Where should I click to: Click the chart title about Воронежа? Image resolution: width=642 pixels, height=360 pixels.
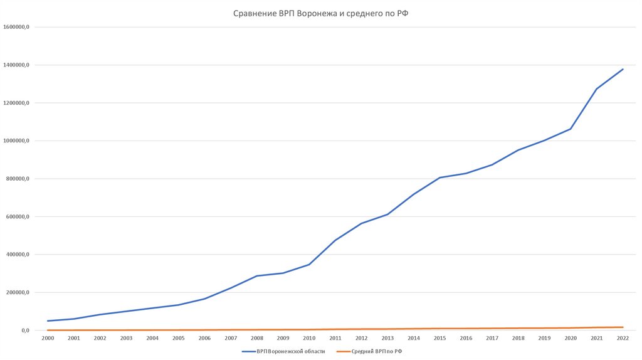(x=320, y=13)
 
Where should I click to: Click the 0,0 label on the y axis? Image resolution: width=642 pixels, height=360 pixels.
(x=25, y=331)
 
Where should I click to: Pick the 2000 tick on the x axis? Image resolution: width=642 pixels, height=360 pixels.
(x=48, y=338)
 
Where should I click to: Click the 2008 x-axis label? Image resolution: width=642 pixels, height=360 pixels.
(x=257, y=338)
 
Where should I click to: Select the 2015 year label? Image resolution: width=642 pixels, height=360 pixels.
(x=440, y=338)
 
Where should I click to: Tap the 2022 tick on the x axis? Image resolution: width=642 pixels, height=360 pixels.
(x=623, y=338)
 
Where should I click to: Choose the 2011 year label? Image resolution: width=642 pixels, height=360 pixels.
(x=335, y=338)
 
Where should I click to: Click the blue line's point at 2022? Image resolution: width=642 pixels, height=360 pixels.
(x=623, y=69)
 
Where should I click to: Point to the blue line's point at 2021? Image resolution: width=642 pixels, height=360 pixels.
(x=597, y=89)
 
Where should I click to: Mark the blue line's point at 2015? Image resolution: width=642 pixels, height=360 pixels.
(x=440, y=177)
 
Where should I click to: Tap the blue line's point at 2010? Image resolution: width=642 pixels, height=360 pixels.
(x=309, y=264)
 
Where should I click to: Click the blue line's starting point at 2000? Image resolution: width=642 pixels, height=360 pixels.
(x=48, y=321)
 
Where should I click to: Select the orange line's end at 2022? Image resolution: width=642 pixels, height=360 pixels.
(x=623, y=327)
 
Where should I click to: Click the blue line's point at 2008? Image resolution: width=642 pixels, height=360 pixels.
(x=257, y=276)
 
